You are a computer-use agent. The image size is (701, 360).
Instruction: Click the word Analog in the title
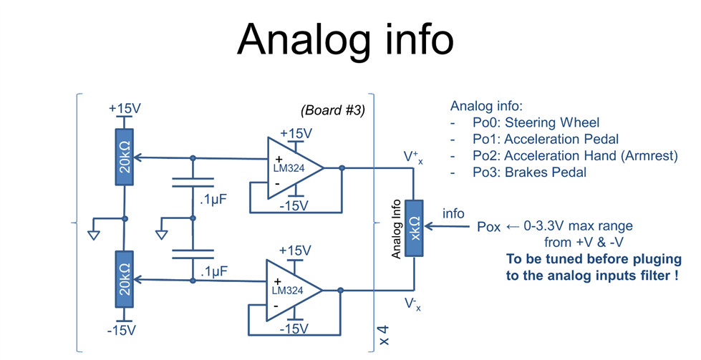[304, 40]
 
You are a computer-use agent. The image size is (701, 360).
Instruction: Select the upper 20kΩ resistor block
[125, 157]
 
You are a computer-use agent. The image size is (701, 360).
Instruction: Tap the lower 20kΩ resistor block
[125, 279]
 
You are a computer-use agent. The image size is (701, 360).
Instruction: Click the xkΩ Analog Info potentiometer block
[414, 228]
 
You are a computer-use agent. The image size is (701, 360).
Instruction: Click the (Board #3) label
[333, 110]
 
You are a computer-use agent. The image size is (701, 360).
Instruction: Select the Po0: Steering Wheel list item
[536, 122]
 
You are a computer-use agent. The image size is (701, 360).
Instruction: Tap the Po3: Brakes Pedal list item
[529, 172]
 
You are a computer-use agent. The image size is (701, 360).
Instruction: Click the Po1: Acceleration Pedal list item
[546, 139]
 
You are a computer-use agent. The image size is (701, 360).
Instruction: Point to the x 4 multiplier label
[384, 336]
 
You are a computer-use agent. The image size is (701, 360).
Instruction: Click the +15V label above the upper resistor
[125, 109]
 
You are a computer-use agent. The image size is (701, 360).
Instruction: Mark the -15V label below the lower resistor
[122, 331]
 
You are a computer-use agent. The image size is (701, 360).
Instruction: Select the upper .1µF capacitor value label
[213, 200]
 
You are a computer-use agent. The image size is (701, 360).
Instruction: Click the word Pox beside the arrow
[488, 227]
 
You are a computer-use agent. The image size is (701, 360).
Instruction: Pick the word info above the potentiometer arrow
[453, 213]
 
